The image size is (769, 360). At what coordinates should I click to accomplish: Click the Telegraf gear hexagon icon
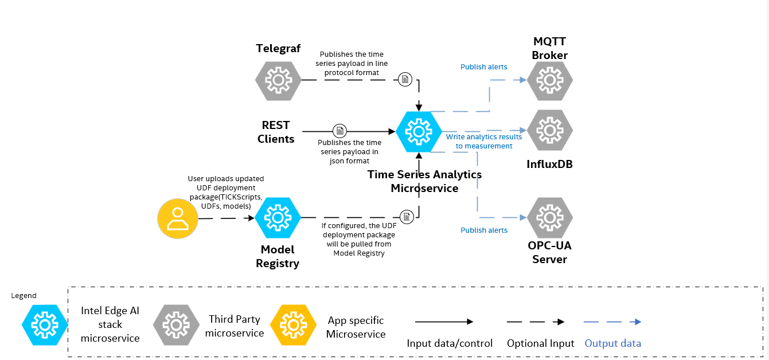[278, 80]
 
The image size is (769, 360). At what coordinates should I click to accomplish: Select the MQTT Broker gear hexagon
[550, 80]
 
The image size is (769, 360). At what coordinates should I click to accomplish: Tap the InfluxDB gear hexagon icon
[550, 130]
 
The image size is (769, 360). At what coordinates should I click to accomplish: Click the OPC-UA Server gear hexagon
[550, 218]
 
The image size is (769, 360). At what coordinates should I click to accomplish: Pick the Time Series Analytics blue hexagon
[419, 131]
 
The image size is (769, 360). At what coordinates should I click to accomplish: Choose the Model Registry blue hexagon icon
[278, 218]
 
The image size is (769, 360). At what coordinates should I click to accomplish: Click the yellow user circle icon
[178, 218]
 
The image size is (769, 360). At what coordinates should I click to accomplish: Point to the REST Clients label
[276, 132]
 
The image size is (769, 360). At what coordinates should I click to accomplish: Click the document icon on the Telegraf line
[405, 79]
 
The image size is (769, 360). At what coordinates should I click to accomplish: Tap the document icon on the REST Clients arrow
[340, 131]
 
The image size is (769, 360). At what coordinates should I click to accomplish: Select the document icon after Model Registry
[407, 217]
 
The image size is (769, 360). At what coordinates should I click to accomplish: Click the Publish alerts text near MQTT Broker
[483, 67]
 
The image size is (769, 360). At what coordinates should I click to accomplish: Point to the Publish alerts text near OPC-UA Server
[483, 230]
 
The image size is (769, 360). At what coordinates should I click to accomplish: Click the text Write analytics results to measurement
[484, 142]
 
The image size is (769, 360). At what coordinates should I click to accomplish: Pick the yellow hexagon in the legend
[293, 325]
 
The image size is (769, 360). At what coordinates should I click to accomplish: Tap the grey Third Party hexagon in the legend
[174, 325]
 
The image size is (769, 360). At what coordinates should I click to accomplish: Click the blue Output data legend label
[612, 343]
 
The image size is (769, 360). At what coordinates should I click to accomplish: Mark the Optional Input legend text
[540, 343]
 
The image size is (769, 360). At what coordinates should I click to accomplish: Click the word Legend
[24, 296]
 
